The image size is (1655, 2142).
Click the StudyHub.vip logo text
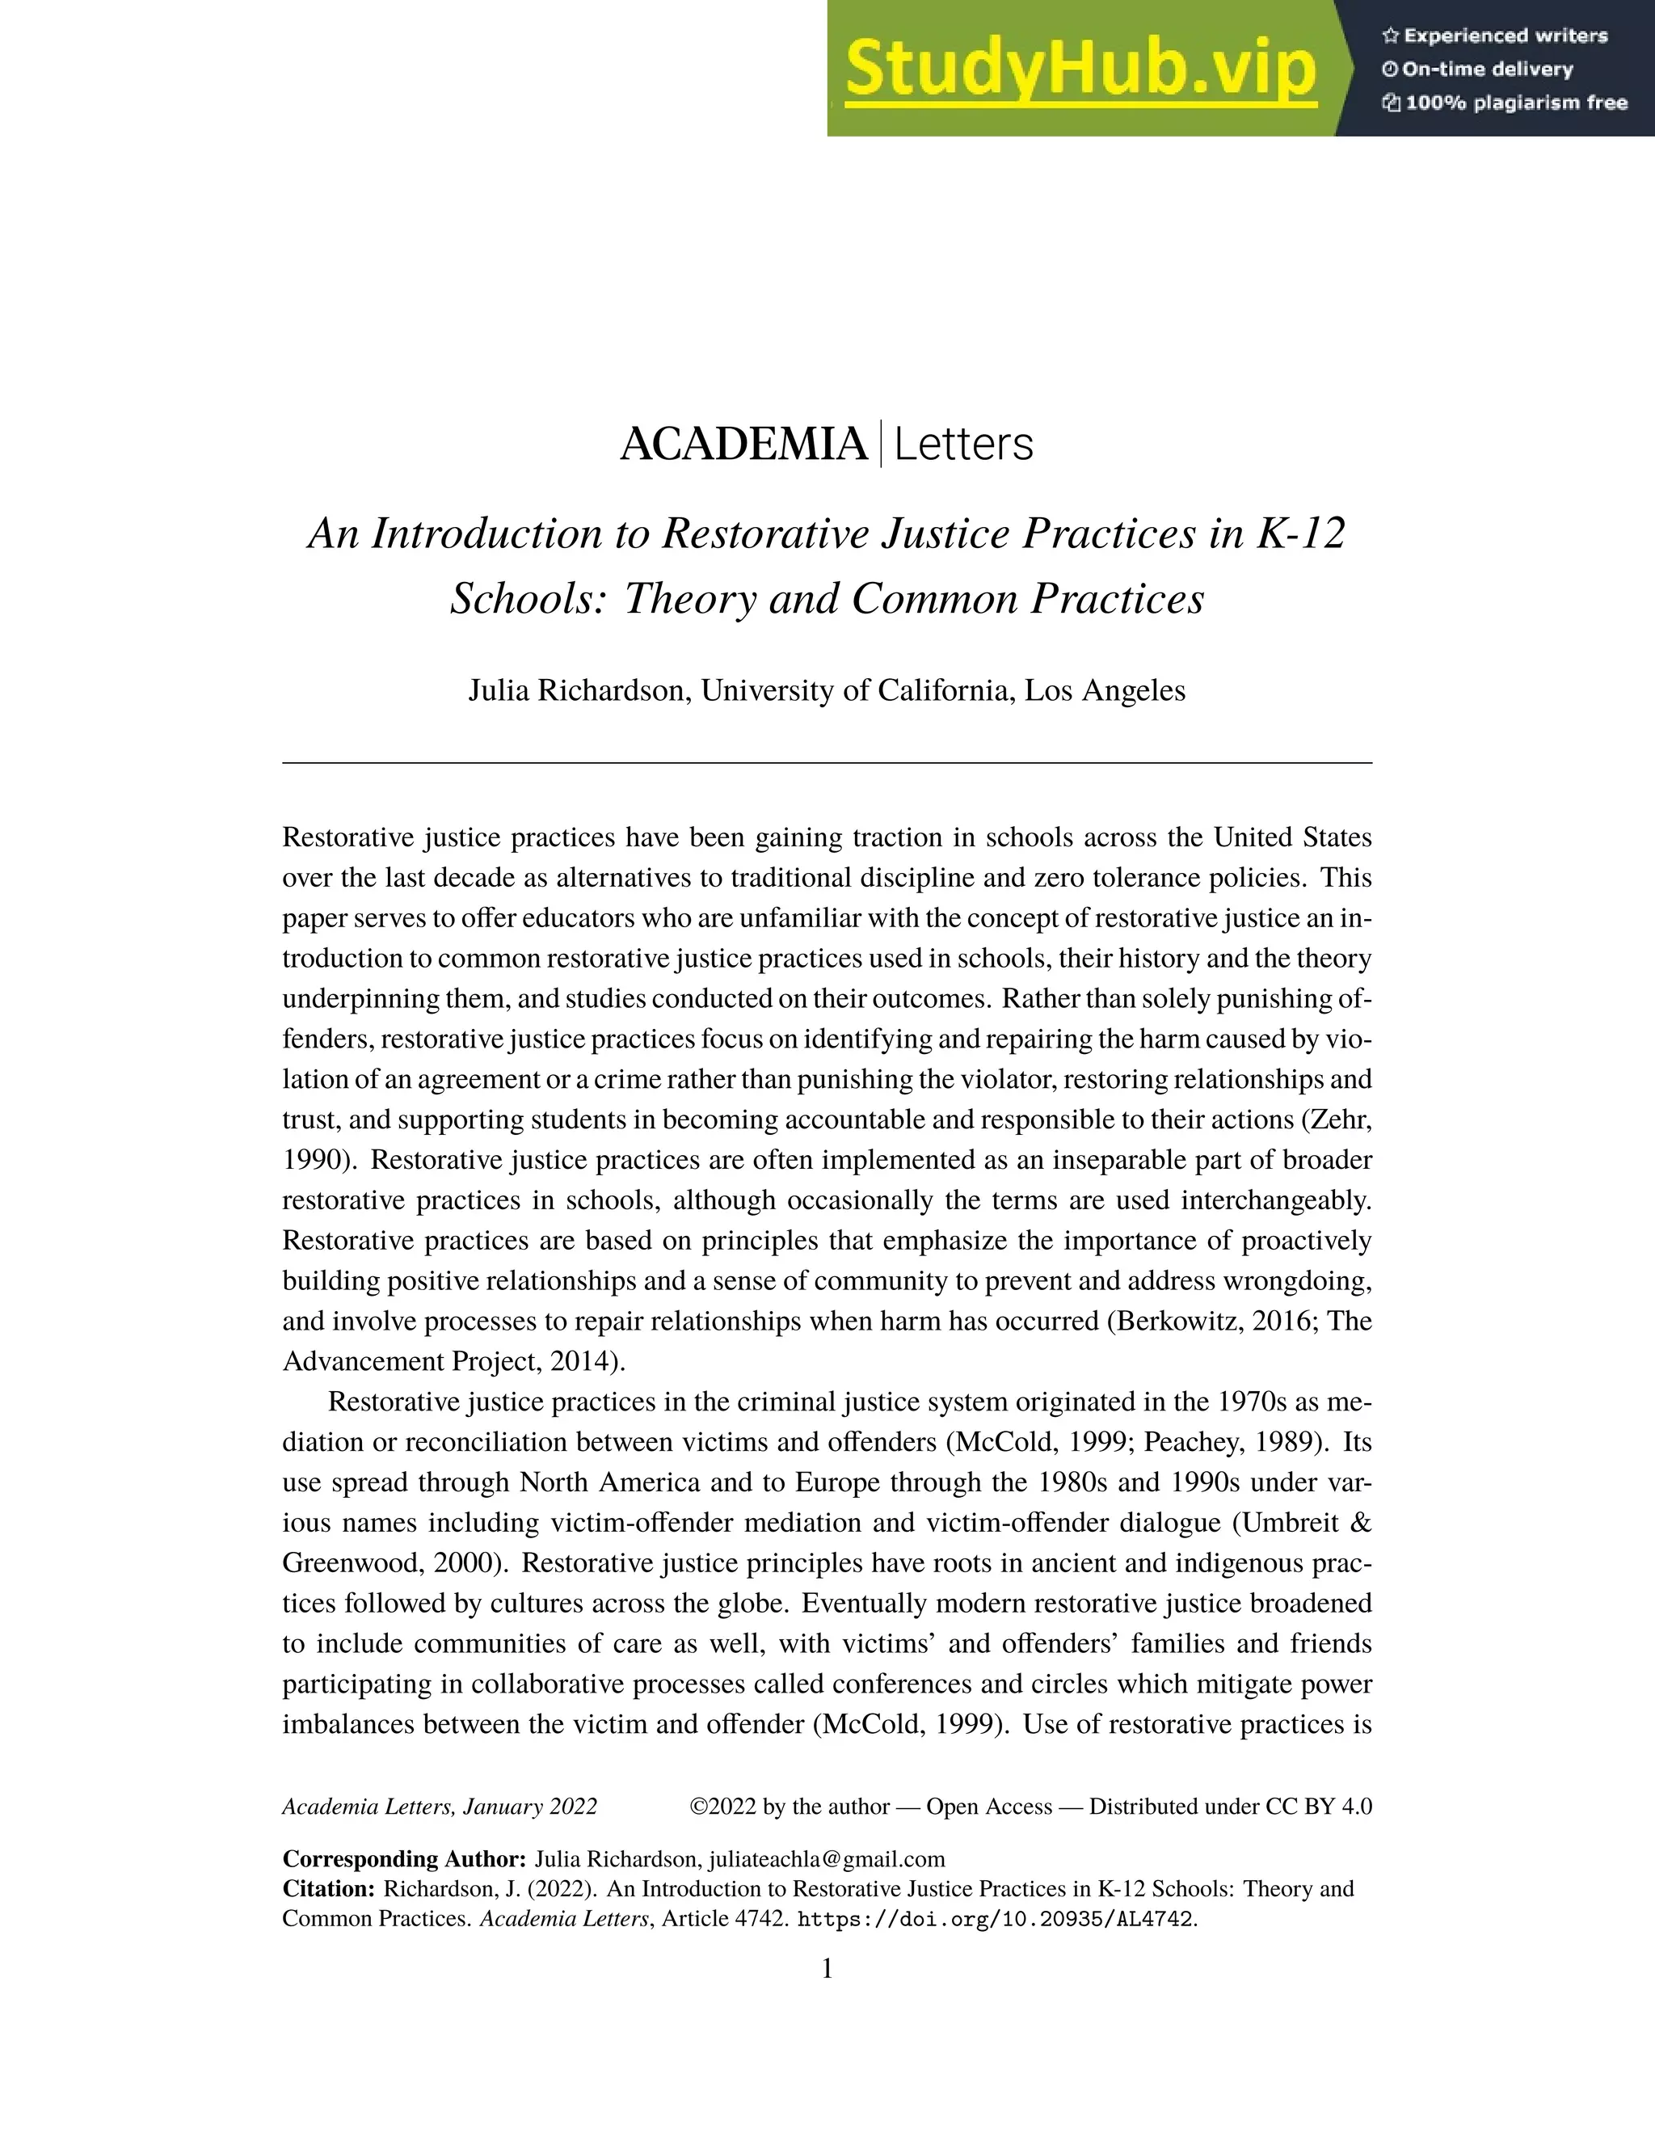[1079, 69]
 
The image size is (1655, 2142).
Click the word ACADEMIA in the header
[743, 445]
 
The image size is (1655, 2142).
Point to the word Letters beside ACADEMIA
[962, 445]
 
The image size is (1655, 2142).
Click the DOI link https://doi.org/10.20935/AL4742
[997, 1920]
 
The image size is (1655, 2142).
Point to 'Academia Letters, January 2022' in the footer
[440, 1807]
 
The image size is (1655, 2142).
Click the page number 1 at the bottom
[827, 1968]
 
